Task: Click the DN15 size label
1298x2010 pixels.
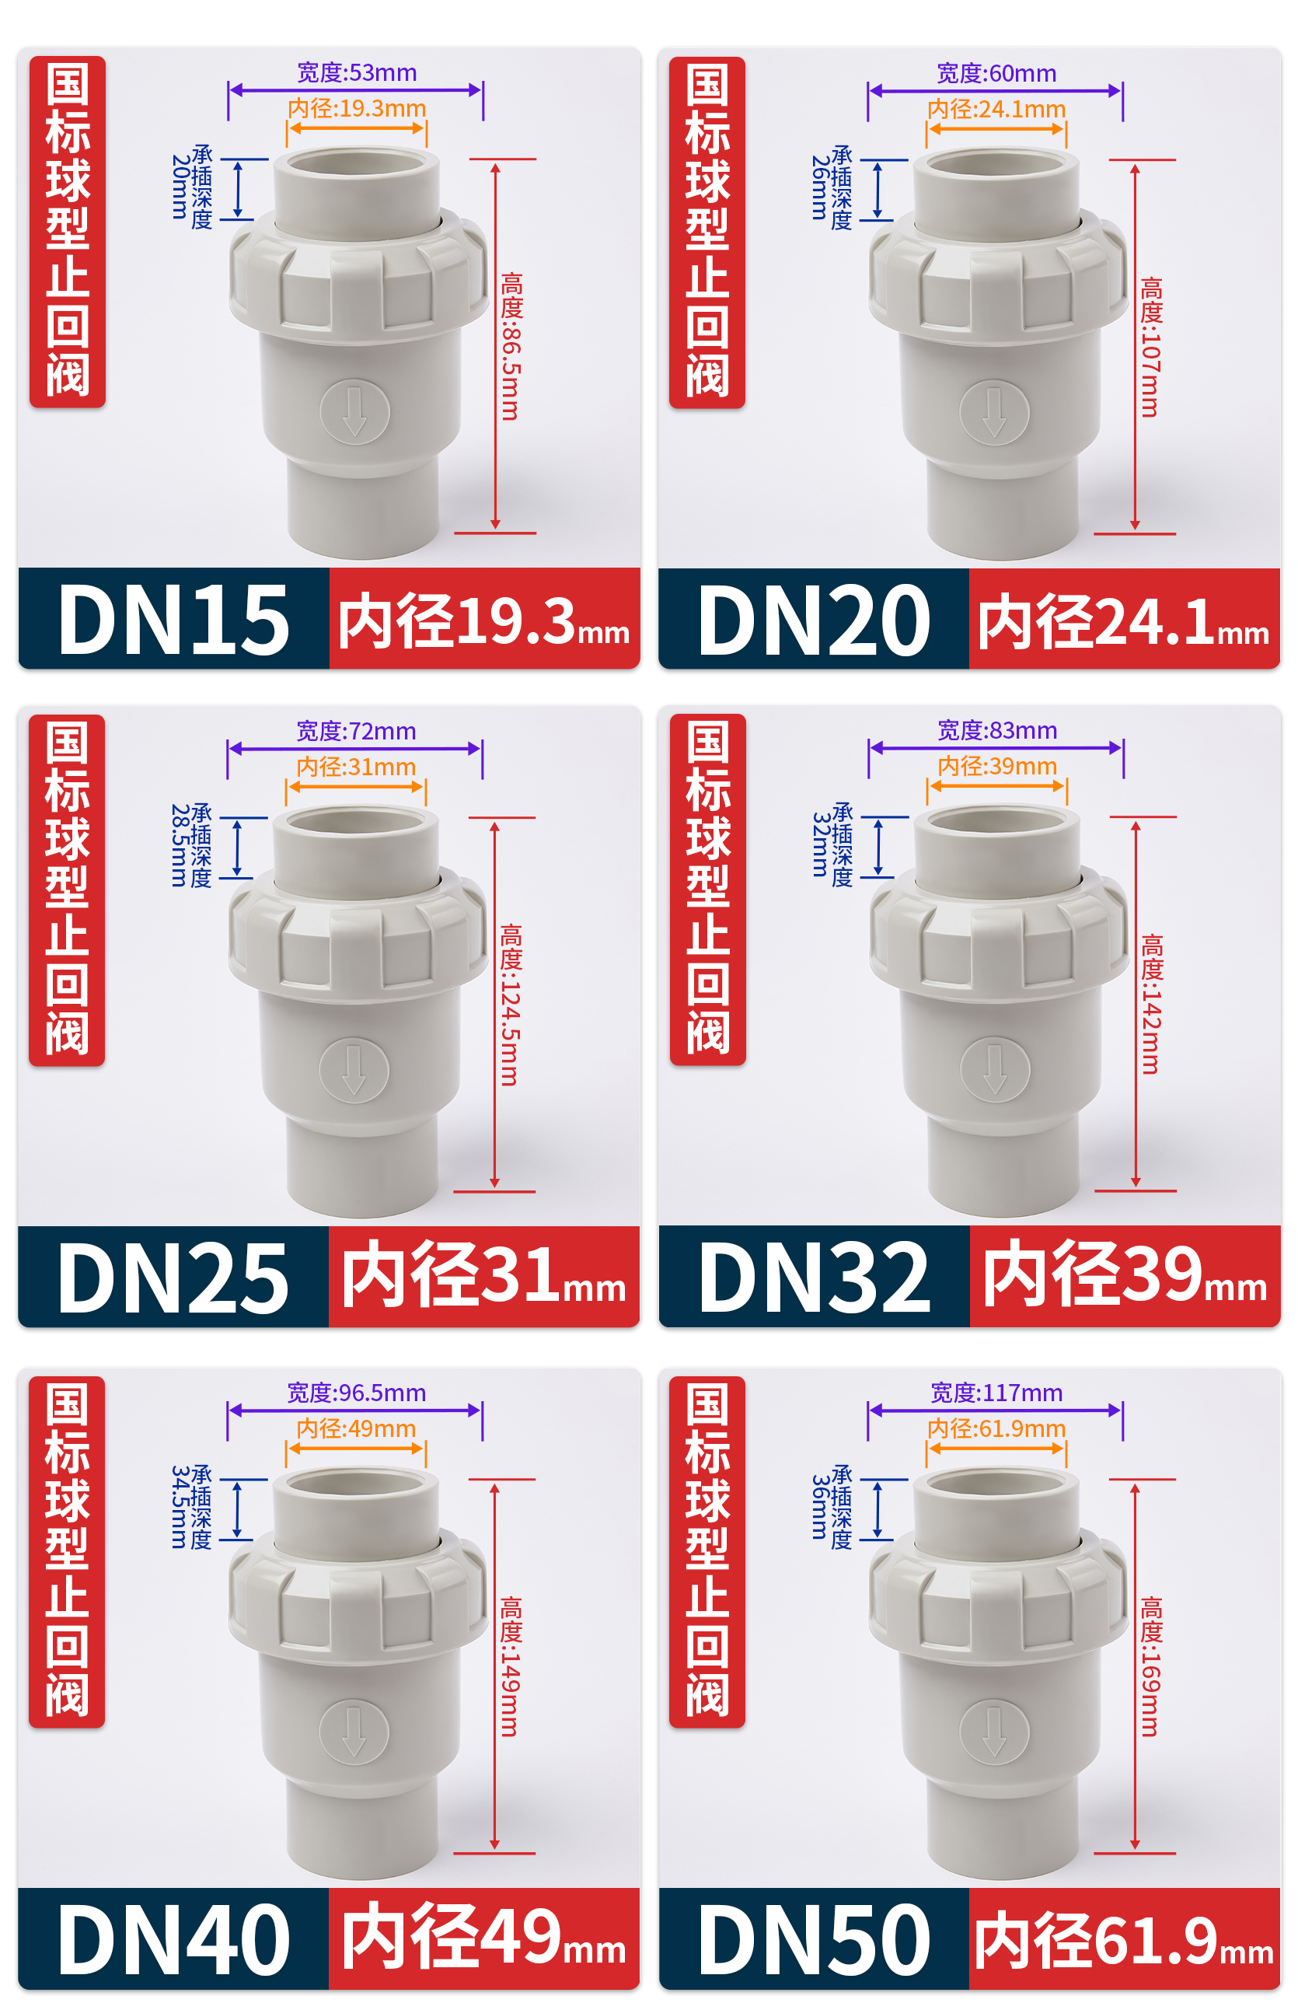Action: coord(173,620)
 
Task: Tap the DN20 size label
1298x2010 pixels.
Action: coord(815,620)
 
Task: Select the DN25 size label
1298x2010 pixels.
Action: coord(173,1278)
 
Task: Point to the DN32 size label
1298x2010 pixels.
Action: coord(815,1278)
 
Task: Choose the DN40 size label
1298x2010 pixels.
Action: coord(173,1940)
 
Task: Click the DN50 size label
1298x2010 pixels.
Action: coord(815,1940)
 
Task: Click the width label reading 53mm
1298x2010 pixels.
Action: coord(357,72)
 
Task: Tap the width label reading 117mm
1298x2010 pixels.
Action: coord(996,1393)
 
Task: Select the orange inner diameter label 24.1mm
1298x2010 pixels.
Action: coord(996,109)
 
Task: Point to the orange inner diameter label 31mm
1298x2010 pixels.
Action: coord(357,767)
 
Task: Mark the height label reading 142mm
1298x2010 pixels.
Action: coord(1152,1003)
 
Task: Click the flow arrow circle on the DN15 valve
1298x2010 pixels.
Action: coord(355,412)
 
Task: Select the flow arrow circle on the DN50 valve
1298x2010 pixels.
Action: coord(995,1732)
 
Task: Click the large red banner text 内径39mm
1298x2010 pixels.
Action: coord(1125,1274)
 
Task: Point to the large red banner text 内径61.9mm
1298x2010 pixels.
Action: coord(1124,1940)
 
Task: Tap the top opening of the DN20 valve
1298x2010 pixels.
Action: coord(996,163)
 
